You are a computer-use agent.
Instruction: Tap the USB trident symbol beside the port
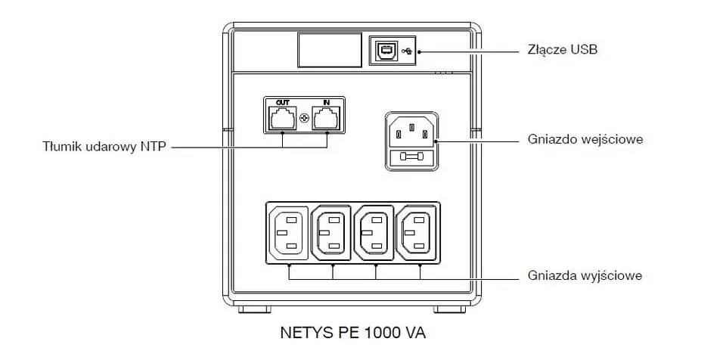coord(409,51)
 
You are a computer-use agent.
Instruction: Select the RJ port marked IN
coord(327,118)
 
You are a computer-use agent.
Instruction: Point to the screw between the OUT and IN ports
coord(304,119)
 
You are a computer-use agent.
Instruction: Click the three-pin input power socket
coord(412,133)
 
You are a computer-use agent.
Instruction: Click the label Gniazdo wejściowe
coord(586,141)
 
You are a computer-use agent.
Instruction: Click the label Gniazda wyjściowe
coord(585,275)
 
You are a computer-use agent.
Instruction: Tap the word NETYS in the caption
coord(302,333)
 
